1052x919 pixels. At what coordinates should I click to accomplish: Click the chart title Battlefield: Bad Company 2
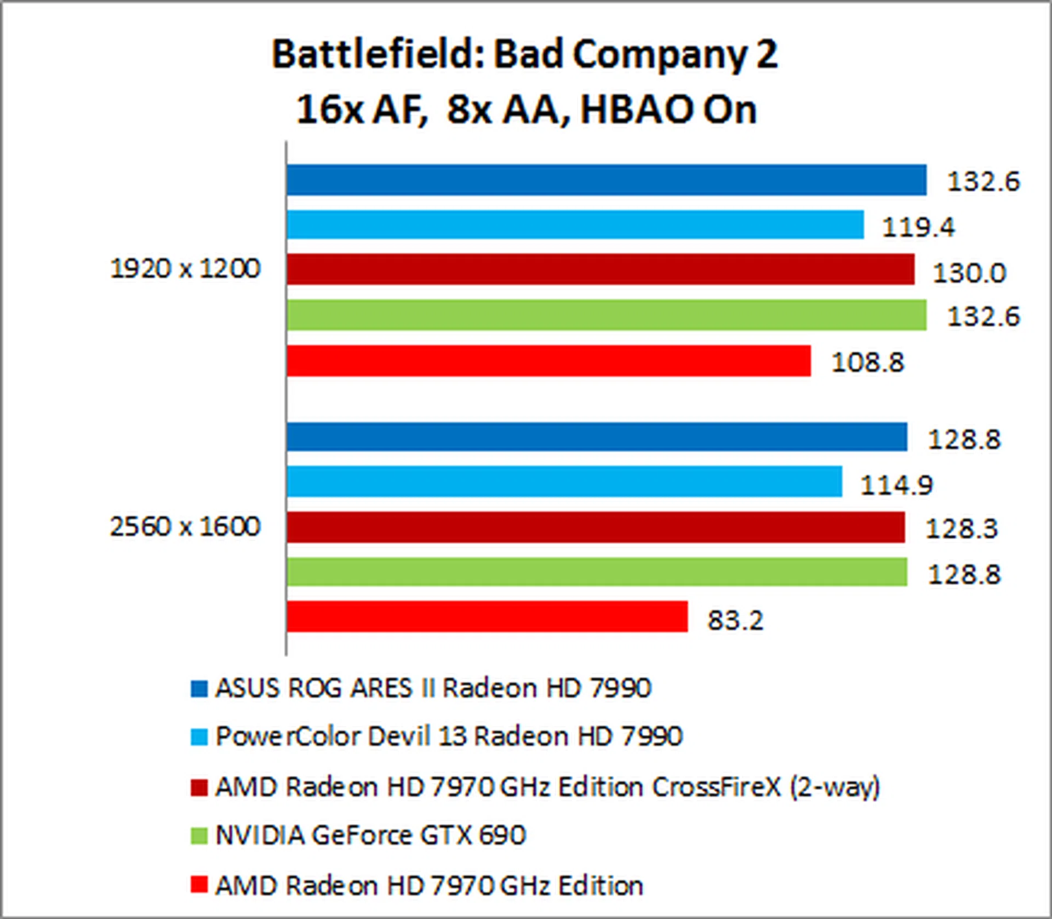point(524,55)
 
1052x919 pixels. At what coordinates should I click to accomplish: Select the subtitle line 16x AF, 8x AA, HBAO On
point(526,110)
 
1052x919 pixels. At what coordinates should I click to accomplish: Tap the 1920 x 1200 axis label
point(185,269)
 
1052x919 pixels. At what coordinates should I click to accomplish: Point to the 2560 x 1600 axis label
point(185,527)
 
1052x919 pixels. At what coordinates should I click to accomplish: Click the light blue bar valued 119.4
point(575,225)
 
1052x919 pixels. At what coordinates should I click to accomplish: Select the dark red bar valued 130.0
point(601,269)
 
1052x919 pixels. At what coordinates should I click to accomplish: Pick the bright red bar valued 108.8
point(548,361)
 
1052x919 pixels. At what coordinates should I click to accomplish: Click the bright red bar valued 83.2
point(487,617)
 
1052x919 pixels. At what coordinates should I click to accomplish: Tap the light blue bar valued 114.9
point(564,482)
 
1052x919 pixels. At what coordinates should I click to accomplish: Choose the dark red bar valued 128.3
point(596,527)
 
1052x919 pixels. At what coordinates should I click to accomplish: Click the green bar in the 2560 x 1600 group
point(597,572)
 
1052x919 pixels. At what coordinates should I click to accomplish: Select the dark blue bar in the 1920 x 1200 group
point(607,180)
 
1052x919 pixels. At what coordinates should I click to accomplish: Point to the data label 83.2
point(735,620)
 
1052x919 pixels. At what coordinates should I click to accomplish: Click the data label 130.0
point(969,273)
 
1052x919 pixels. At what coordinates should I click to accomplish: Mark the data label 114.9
point(896,485)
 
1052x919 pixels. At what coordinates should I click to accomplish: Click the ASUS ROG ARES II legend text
point(433,688)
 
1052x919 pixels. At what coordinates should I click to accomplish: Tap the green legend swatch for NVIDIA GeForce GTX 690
point(199,836)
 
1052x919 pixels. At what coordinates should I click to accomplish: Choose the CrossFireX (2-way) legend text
point(547,787)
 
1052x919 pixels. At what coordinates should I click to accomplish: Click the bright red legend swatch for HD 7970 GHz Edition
point(199,884)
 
